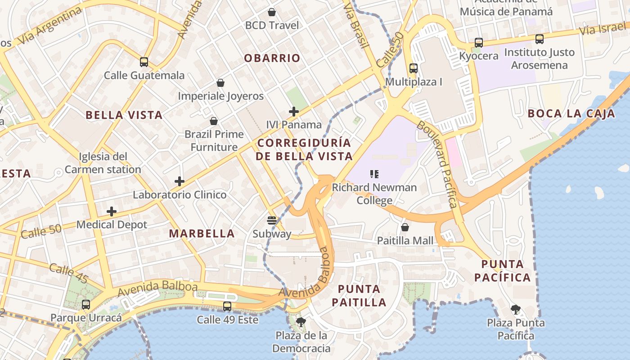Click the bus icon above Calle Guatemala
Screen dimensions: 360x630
(144, 62)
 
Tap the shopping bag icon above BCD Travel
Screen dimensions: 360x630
(271, 12)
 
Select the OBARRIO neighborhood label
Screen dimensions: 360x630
(272, 58)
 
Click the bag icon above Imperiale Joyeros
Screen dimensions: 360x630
(220, 83)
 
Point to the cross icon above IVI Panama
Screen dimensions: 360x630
(294, 111)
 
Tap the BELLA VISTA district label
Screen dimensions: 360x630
(124, 115)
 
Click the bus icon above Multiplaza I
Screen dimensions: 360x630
(414, 68)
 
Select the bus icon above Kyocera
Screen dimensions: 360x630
(479, 43)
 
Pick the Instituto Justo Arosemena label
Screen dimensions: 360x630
(539, 59)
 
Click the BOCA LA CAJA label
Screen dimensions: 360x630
(571, 113)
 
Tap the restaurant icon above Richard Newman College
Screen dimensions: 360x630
(374, 174)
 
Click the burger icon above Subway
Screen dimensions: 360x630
(272, 220)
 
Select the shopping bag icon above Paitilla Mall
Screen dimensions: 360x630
(405, 227)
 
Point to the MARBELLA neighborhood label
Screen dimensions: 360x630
(202, 234)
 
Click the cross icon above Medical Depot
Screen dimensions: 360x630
(112, 211)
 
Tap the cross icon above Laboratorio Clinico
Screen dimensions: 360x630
(180, 181)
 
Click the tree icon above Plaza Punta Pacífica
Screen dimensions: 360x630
(516, 309)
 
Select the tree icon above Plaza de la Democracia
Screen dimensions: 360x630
(301, 322)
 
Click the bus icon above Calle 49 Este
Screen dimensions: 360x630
(227, 306)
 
